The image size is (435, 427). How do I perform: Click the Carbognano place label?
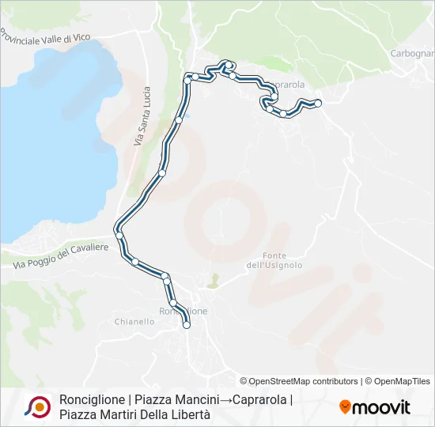[x=412, y=54]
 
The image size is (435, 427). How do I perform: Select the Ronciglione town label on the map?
[x=183, y=311]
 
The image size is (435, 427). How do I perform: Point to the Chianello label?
[x=134, y=322]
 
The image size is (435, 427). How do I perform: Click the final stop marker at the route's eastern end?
[x=318, y=103]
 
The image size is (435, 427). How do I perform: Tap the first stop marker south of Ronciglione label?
[x=187, y=324]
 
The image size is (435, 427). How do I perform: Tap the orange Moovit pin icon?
[x=345, y=407]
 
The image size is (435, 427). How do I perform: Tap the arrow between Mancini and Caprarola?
[x=225, y=399]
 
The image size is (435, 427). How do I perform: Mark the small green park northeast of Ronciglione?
[x=213, y=280]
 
